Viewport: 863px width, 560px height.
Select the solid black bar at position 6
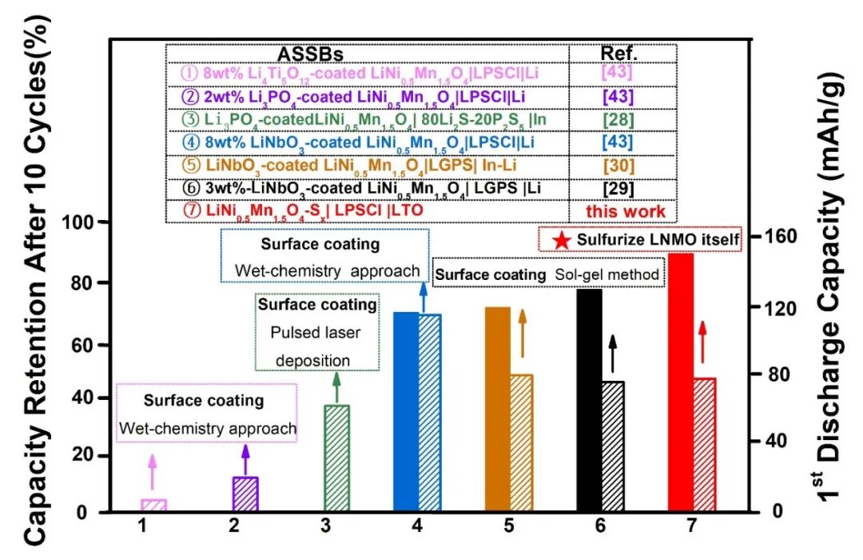point(589,400)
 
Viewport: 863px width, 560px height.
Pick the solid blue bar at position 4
point(406,411)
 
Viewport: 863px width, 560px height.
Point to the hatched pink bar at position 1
point(153,505)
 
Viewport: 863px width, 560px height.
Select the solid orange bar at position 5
point(497,409)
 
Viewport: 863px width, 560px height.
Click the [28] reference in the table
point(622,119)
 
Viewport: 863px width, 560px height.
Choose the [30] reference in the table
point(622,166)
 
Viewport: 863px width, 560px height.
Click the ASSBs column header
point(310,54)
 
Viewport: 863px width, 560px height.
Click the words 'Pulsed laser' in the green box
point(316,332)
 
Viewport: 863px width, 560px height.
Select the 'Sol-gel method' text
point(608,274)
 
